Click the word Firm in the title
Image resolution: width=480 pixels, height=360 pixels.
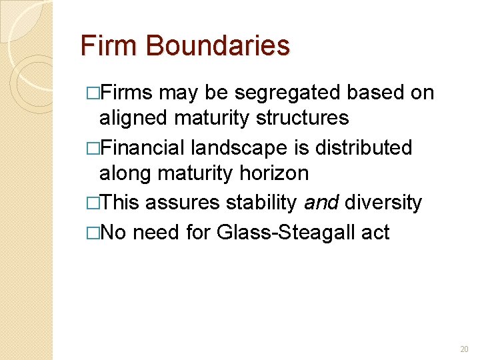tap(109, 46)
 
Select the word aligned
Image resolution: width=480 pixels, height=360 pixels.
tap(134, 118)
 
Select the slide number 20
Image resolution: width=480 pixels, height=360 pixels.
tap(465, 349)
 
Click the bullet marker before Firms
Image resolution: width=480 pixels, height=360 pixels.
tap(93, 93)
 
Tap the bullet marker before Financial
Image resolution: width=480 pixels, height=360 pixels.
tap(93, 147)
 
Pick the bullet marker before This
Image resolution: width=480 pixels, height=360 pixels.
tap(93, 202)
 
